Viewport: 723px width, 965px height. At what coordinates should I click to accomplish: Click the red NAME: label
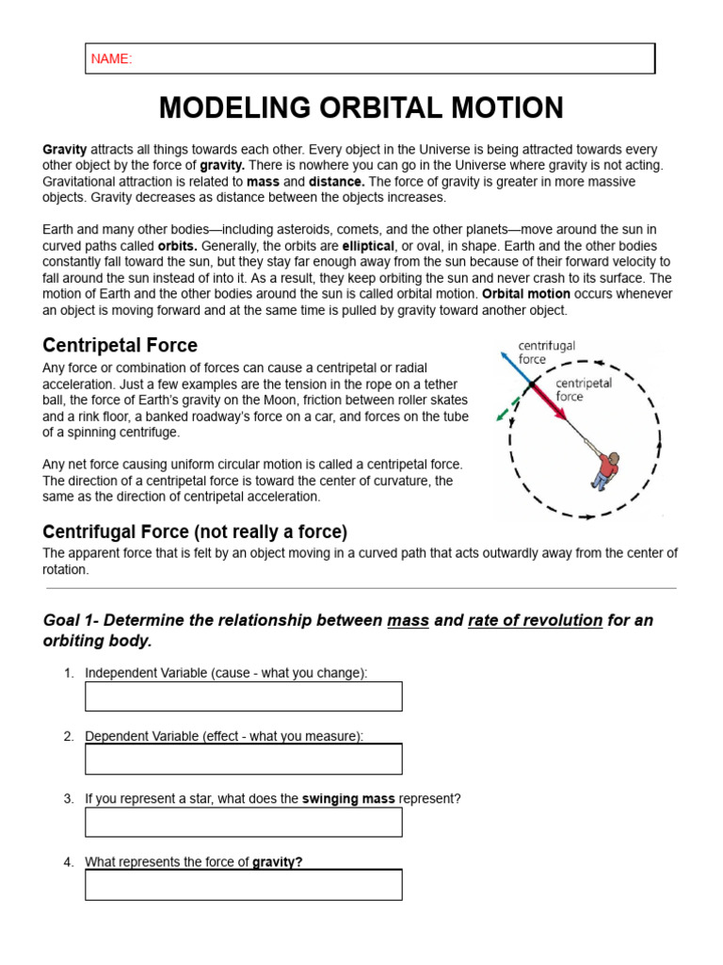111,59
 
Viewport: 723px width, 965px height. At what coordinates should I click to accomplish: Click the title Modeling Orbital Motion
361,107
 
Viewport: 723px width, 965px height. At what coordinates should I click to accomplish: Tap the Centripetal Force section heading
120,346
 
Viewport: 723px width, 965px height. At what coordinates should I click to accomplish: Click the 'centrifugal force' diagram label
546,352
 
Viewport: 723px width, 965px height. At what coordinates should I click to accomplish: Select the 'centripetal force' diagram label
584,390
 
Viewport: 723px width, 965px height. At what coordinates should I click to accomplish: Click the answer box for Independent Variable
243,696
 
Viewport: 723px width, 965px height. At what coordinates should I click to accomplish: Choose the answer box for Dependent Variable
243,759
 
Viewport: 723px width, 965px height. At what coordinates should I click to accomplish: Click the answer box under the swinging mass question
243,822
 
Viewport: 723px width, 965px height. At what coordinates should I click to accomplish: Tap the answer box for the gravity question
243,885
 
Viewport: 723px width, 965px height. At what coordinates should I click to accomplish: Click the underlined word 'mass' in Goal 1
408,620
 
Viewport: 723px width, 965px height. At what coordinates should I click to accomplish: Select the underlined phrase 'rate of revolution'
535,620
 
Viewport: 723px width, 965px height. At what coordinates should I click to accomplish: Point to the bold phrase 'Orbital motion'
525,294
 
